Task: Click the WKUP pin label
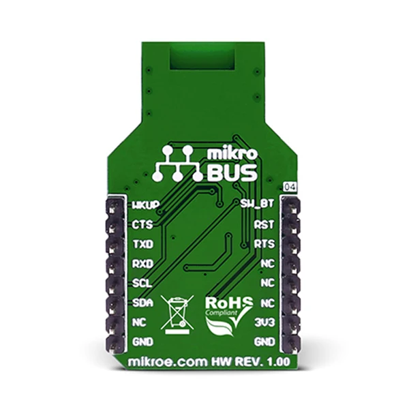(146, 205)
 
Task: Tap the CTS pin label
(142, 224)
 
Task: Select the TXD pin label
(143, 245)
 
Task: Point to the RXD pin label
(143, 264)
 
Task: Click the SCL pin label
(142, 284)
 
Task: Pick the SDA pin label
(142, 303)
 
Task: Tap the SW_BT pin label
(257, 203)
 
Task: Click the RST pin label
(264, 224)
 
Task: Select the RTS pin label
(264, 244)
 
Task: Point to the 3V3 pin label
(264, 323)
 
